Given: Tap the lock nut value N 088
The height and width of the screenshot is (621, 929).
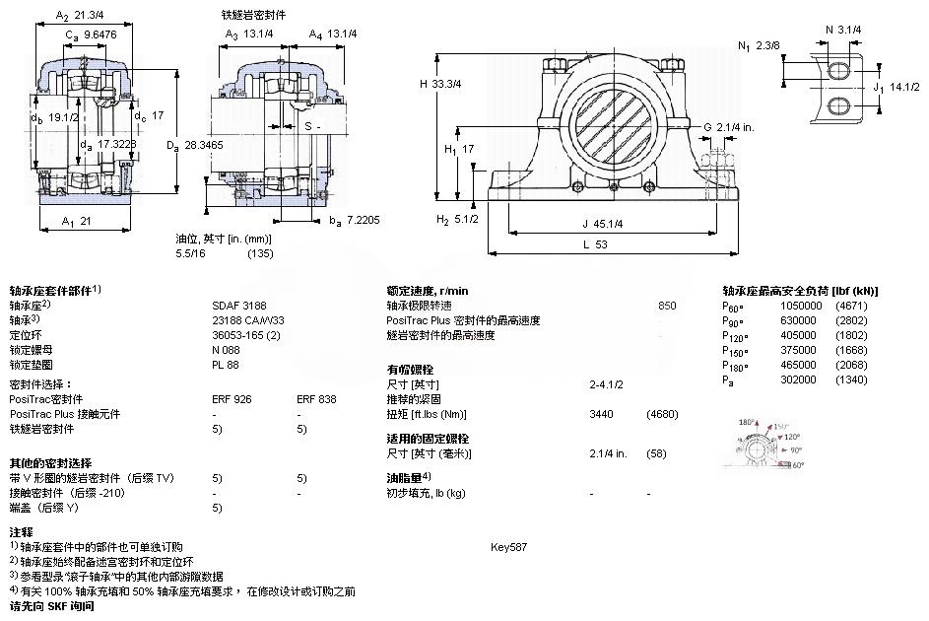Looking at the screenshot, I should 226,349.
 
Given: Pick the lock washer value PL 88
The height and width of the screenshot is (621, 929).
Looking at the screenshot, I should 225,364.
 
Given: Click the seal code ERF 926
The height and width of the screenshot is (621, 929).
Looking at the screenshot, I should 232,399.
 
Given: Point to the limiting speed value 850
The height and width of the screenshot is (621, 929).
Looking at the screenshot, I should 667,306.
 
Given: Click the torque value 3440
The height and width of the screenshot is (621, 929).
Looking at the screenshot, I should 601,414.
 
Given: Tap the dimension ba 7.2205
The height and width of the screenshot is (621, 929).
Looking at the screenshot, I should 355,221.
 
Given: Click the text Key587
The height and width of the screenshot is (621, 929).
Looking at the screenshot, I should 509,546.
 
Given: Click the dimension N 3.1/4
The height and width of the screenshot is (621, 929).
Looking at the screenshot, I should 843,30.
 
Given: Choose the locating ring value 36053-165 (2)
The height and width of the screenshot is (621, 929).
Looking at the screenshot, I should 246,334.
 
